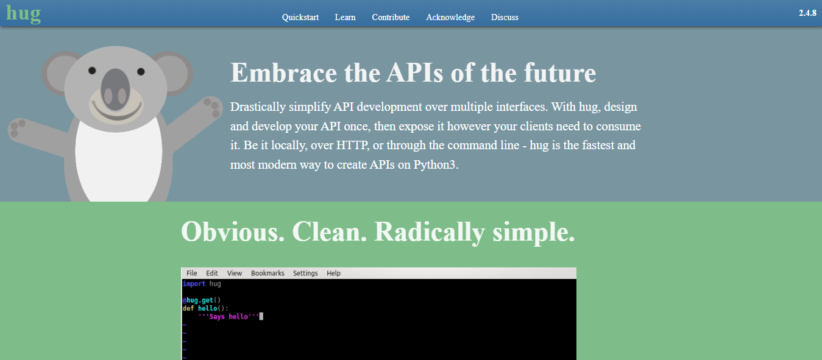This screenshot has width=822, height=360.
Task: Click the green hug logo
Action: coord(24,14)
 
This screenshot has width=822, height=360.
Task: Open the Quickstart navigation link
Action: coord(300,17)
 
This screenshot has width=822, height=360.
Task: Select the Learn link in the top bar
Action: coord(345,17)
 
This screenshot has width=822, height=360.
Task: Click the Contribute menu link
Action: coord(391,17)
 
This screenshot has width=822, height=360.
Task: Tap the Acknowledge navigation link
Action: coord(450,17)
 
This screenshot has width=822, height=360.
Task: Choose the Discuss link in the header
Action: coord(505,17)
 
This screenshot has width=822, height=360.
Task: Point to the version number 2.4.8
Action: coord(807,13)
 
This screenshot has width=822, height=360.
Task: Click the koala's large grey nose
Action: coord(115,89)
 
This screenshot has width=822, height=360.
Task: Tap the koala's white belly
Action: coord(119,161)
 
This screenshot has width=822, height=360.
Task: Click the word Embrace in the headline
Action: coord(283,72)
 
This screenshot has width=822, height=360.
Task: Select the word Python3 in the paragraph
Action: coord(436,164)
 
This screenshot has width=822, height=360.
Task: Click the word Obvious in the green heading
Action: coord(233,232)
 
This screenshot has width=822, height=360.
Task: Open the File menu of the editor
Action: coord(191,273)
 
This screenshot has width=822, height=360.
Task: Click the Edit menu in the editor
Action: coord(211,273)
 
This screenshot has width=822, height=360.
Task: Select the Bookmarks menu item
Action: coord(268,273)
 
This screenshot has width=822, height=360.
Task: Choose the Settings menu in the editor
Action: coord(305,274)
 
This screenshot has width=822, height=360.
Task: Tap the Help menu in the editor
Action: coord(333,274)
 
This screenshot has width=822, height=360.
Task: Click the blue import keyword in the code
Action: coord(194,284)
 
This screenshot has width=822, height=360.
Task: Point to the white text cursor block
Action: coord(261,316)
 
